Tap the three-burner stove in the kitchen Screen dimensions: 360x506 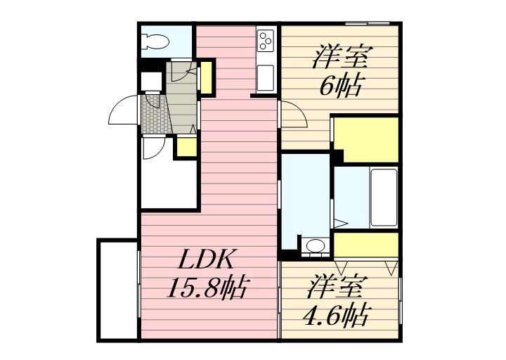266,41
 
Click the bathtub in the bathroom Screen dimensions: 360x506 384,197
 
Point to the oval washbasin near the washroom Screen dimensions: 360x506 316,246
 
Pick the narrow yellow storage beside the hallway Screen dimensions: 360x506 207,79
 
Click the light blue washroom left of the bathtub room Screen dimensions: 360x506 306,200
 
